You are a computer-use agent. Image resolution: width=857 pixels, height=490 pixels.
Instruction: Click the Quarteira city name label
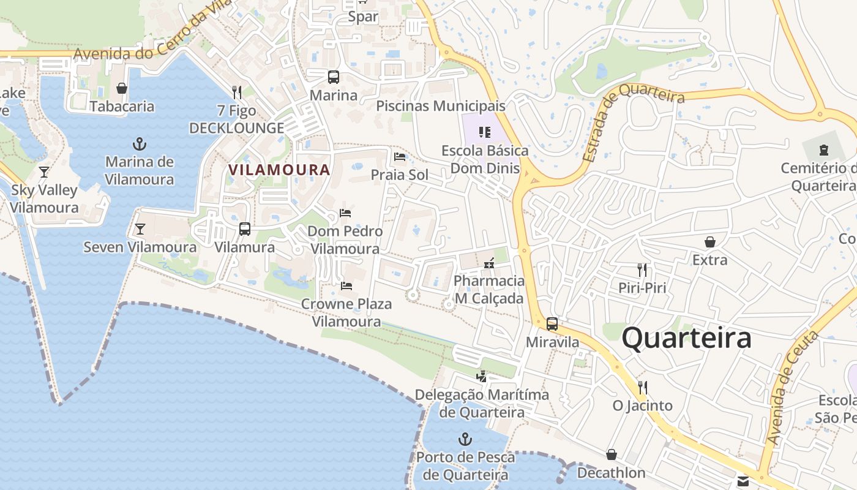(686, 338)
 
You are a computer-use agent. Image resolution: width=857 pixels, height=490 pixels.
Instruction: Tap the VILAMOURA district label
(279, 170)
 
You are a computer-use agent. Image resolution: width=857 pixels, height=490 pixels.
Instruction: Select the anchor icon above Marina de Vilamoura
(140, 145)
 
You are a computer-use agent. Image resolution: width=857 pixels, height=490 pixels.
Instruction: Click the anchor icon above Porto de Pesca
(465, 439)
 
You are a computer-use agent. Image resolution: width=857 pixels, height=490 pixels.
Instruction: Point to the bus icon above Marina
(333, 77)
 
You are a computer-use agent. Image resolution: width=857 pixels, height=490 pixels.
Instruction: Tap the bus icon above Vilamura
(245, 229)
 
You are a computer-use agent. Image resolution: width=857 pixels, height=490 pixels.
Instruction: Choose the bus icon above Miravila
(552, 324)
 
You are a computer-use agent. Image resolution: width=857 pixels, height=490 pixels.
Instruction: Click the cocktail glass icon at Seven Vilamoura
(140, 229)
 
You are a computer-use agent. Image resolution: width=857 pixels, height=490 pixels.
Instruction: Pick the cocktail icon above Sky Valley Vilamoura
(44, 171)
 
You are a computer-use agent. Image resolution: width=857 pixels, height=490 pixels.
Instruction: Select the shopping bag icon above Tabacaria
(122, 88)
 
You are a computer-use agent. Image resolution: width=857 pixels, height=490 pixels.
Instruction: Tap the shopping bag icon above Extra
(710, 242)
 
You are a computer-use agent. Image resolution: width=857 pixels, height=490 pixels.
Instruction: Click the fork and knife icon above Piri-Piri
(642, 269)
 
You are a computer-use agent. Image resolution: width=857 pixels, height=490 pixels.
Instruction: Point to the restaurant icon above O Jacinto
(643, 387)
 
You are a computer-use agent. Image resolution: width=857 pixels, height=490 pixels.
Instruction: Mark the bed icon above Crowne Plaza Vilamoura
(346, 285)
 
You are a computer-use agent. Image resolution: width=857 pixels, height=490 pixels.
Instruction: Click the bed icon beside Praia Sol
(400, 157)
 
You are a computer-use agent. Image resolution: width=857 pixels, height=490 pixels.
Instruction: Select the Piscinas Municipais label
(441, 106)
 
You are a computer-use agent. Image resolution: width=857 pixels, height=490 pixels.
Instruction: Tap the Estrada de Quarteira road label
(634, 122)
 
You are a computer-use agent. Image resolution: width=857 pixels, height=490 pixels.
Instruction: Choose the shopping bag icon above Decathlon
(611, 454)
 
